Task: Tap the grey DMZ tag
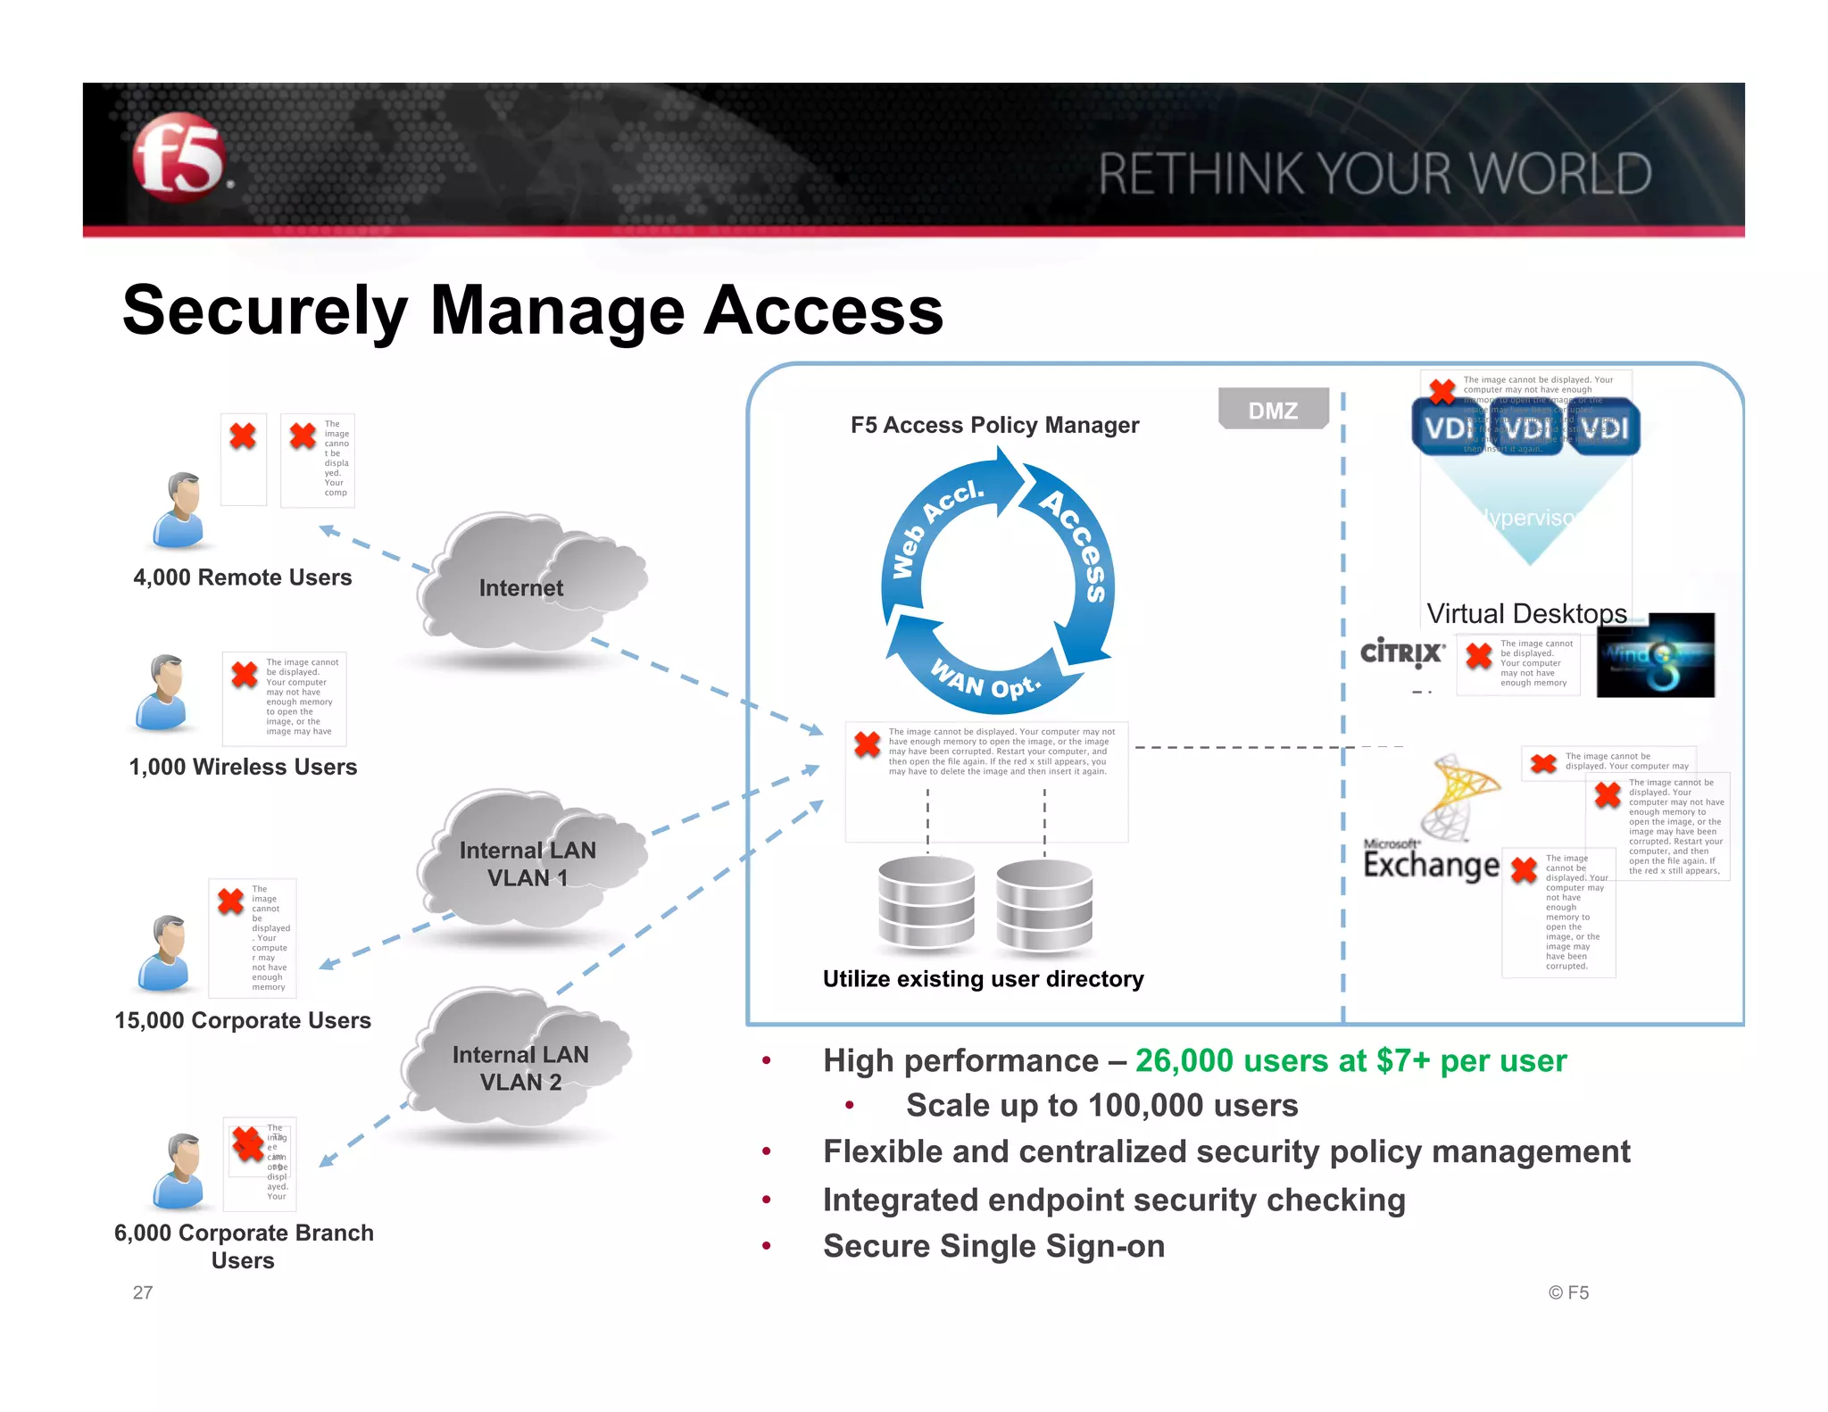click(1273, 410)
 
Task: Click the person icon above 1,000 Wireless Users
click(164, 693)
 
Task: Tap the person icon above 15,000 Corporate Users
click(166, 952)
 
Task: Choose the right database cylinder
click(1044, 904)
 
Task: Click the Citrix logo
click(1401, 652)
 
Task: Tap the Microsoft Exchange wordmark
click(1431, 863)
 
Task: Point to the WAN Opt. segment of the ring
click(986, 680)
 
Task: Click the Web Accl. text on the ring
click(937, 527)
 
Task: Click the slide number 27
click(143, 1292)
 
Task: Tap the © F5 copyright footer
click(1568, 1292)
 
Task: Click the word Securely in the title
click(265, 311)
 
